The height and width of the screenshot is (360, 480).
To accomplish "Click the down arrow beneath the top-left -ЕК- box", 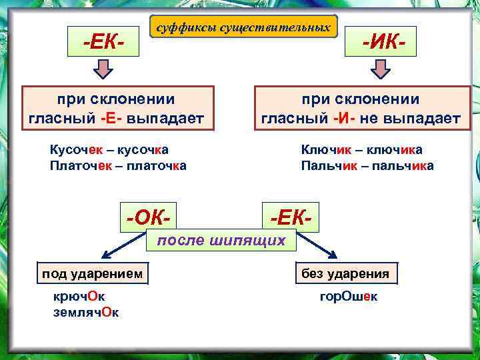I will [104, 69].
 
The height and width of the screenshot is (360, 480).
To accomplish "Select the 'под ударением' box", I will [92, 273].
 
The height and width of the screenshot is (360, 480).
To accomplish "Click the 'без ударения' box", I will [345, 273].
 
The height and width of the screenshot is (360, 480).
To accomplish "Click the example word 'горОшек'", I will [348, 297].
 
